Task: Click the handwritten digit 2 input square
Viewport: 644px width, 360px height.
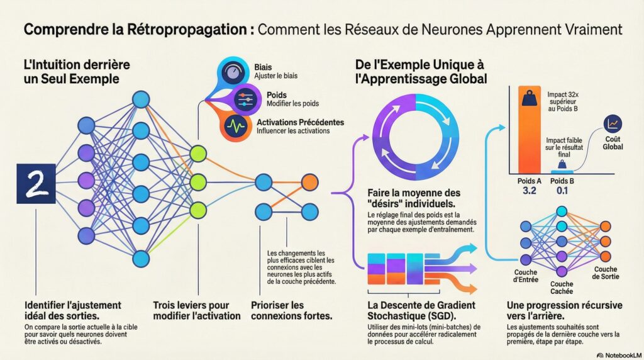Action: tap(36, 184)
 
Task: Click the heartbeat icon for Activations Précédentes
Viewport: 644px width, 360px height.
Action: tap(235, 126)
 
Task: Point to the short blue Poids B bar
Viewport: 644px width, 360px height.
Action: tap(562, 171)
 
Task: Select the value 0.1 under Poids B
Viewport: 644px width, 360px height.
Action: tap(562, 191)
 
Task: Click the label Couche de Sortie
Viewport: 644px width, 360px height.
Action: tap(605, 273)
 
